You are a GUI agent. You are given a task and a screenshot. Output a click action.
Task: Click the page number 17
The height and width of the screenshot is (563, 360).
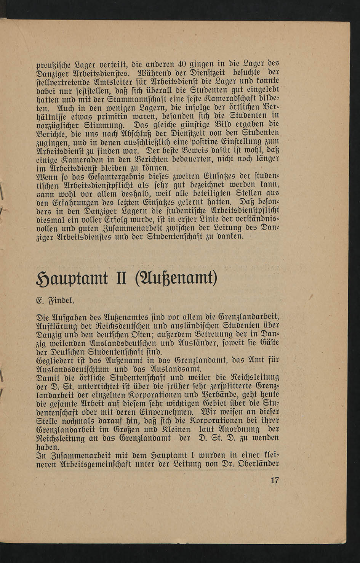(x=275, y=480)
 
